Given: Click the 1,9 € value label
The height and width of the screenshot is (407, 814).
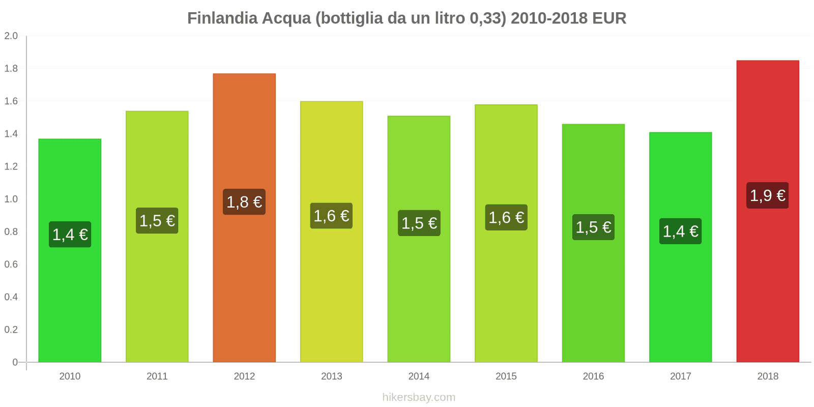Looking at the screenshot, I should [768, 195].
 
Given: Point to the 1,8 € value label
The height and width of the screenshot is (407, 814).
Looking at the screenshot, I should [244, 202].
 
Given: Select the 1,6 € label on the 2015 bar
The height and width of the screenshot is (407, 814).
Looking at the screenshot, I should [506, 218].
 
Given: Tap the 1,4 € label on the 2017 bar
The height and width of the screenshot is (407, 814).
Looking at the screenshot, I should [680, 231].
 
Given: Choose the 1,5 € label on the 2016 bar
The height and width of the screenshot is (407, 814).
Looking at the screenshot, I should [593, 227].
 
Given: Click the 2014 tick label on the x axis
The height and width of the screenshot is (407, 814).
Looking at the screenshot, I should [419, 376].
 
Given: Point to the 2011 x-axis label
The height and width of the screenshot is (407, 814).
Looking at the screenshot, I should [157, 376].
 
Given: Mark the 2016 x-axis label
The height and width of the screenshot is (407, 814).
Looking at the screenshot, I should [593, 376].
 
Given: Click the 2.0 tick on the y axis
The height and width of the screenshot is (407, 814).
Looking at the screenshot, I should [11, 36].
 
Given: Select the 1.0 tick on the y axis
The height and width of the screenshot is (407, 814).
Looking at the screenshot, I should [11, 199].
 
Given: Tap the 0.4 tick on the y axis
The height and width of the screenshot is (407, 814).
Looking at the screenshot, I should [11, 297].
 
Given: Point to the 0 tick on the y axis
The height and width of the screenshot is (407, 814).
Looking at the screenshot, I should [15, 362].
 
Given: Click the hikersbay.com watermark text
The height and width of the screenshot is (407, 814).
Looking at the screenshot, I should [419, 397].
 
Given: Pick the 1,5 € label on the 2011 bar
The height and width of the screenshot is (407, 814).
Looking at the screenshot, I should [157, 221].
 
